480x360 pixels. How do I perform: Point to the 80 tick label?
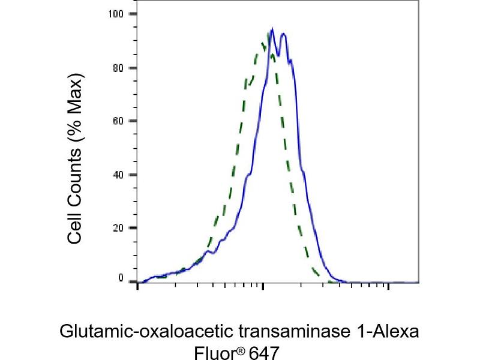(118, 67)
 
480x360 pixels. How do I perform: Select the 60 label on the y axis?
(118, 121)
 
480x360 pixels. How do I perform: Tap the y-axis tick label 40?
(118, 175)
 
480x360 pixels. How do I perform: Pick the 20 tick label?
(118, 228)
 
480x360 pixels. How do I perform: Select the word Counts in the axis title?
(74, 175)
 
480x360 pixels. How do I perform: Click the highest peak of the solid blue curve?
(272, 29)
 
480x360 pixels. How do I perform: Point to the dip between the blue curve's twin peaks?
(278, 55)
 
